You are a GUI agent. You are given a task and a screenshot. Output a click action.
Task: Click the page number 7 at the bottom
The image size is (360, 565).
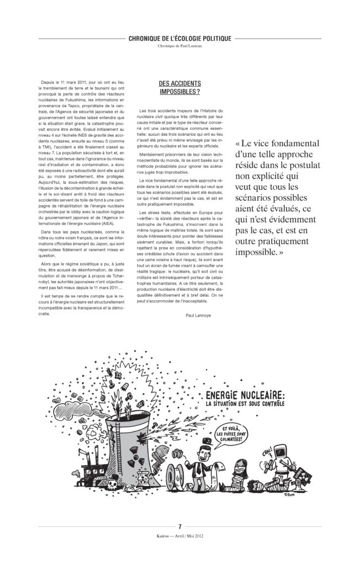[x=180, y=526]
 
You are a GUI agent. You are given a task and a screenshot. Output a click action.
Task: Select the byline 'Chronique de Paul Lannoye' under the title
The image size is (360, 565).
[x=179, y=46]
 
